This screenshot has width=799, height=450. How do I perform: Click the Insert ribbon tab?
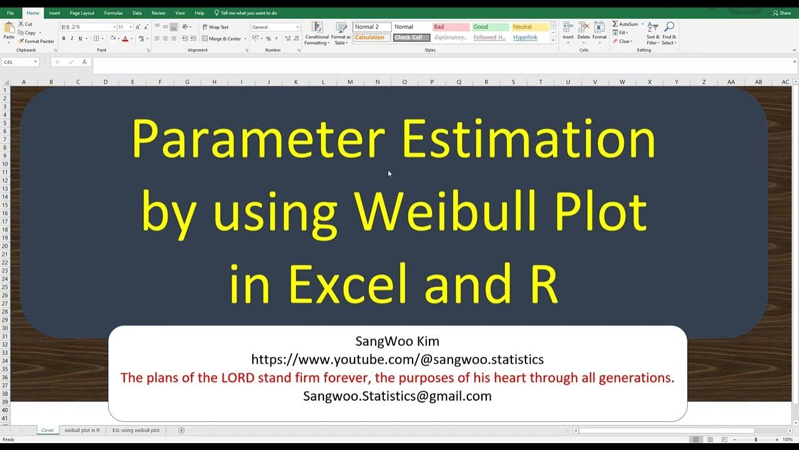pyautogui.click(x=54, y=13)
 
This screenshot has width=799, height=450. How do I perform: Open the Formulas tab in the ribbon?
pyautogui.click(x=113, y=13)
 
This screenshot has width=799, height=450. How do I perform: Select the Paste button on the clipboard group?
pyautogui.click(x=9, y=31)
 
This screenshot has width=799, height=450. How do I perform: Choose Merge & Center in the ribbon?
pyautogui.click(x=222, y=39)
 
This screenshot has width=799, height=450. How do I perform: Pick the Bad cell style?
pyautogui.click(x=451, y=27)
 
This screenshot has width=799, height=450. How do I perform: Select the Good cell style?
pyautogui.click(x=491, y=27)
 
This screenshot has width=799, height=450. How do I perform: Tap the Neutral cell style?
pyautogui.click(x=530, y=27)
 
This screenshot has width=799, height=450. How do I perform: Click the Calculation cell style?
pyautogui.click(x=372, y=37)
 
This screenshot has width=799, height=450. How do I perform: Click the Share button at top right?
pyautogui.click(x=782, y=13)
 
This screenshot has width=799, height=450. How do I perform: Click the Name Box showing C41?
pyautogui.click(x=19, y=62)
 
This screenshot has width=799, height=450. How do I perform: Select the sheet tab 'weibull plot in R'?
pyautogui.click(x=82, y=430)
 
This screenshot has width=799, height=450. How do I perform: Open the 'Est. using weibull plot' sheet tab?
pyautogui.click(x=136, y=430)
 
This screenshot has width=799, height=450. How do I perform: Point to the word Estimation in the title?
pyautogui.click(x=529, y=139)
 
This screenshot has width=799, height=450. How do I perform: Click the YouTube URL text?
pyautogui.click(x=397, y=359)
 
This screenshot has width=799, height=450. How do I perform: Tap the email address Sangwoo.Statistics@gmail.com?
pyautogui.click(x=397, y=396)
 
